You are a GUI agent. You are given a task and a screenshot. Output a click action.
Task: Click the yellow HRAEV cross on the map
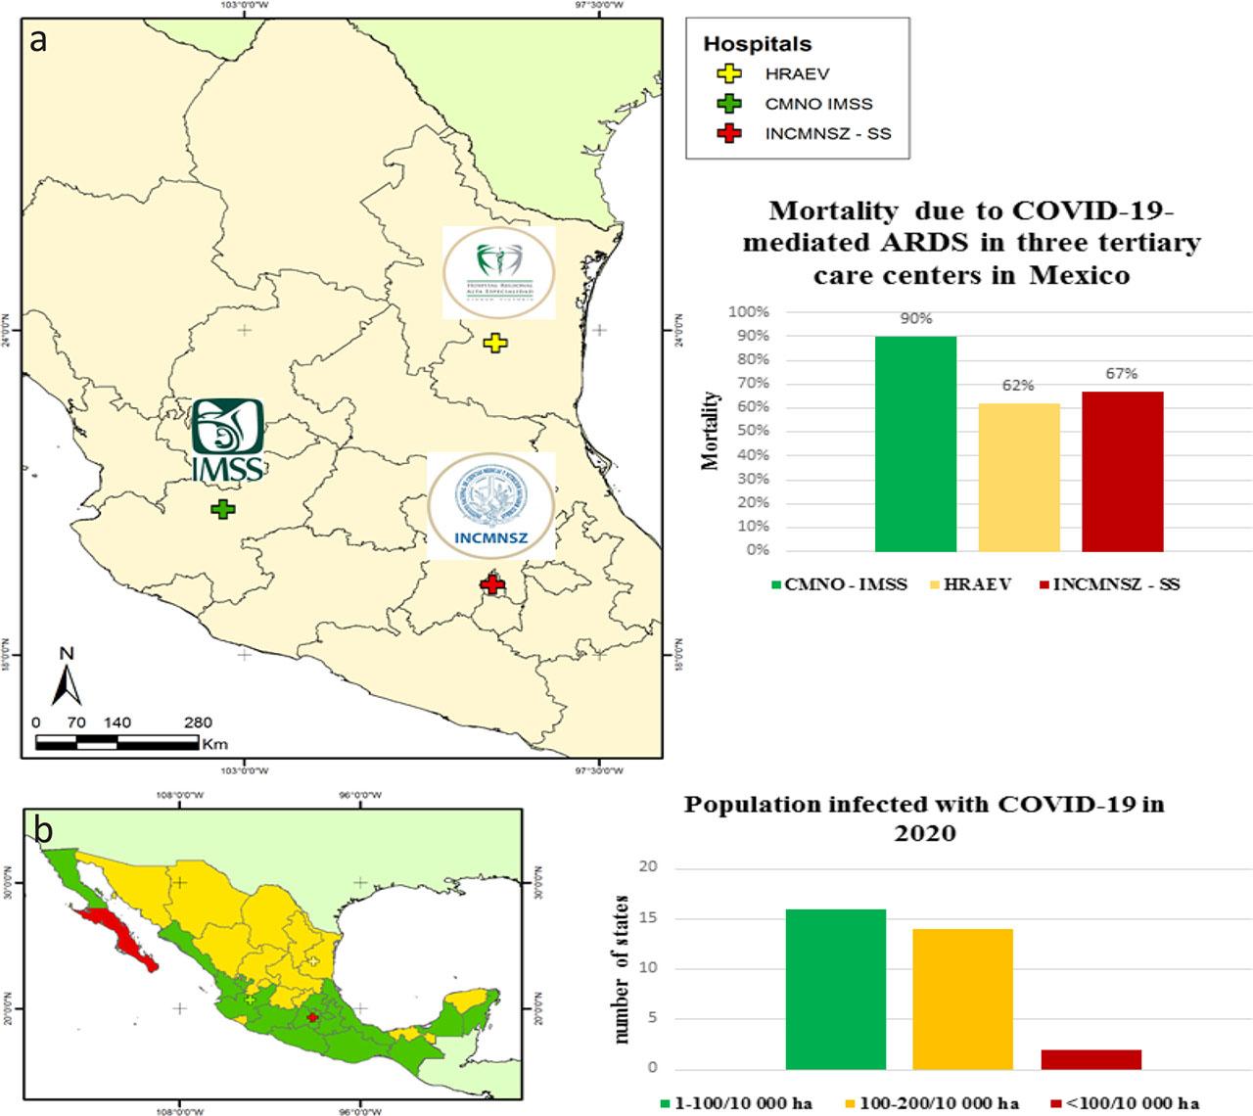pos(495,343)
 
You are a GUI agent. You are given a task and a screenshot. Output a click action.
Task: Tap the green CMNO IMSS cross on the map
pos(223,509)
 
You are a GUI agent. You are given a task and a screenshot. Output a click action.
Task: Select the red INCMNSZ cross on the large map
pos(492,584)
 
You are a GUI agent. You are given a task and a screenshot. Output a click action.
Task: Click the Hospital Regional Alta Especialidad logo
pos(498,272)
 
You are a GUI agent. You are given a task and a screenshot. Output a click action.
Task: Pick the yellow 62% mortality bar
pos(1018,477)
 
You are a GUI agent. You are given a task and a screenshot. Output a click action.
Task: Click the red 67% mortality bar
pos(1122,471)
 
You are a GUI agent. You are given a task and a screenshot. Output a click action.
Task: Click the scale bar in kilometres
pos(117,743)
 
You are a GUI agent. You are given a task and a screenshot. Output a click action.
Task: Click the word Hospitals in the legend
pos(758,44)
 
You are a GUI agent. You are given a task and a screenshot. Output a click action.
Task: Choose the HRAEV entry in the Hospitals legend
pos(797,74)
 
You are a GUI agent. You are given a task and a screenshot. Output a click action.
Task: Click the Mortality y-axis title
pos(711,431)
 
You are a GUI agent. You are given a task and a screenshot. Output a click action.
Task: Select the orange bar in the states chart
pos(962,999)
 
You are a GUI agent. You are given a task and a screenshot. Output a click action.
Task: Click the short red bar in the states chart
pos(1091,1059)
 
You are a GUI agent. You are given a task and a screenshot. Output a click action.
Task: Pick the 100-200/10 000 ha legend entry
pos(937,1103)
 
